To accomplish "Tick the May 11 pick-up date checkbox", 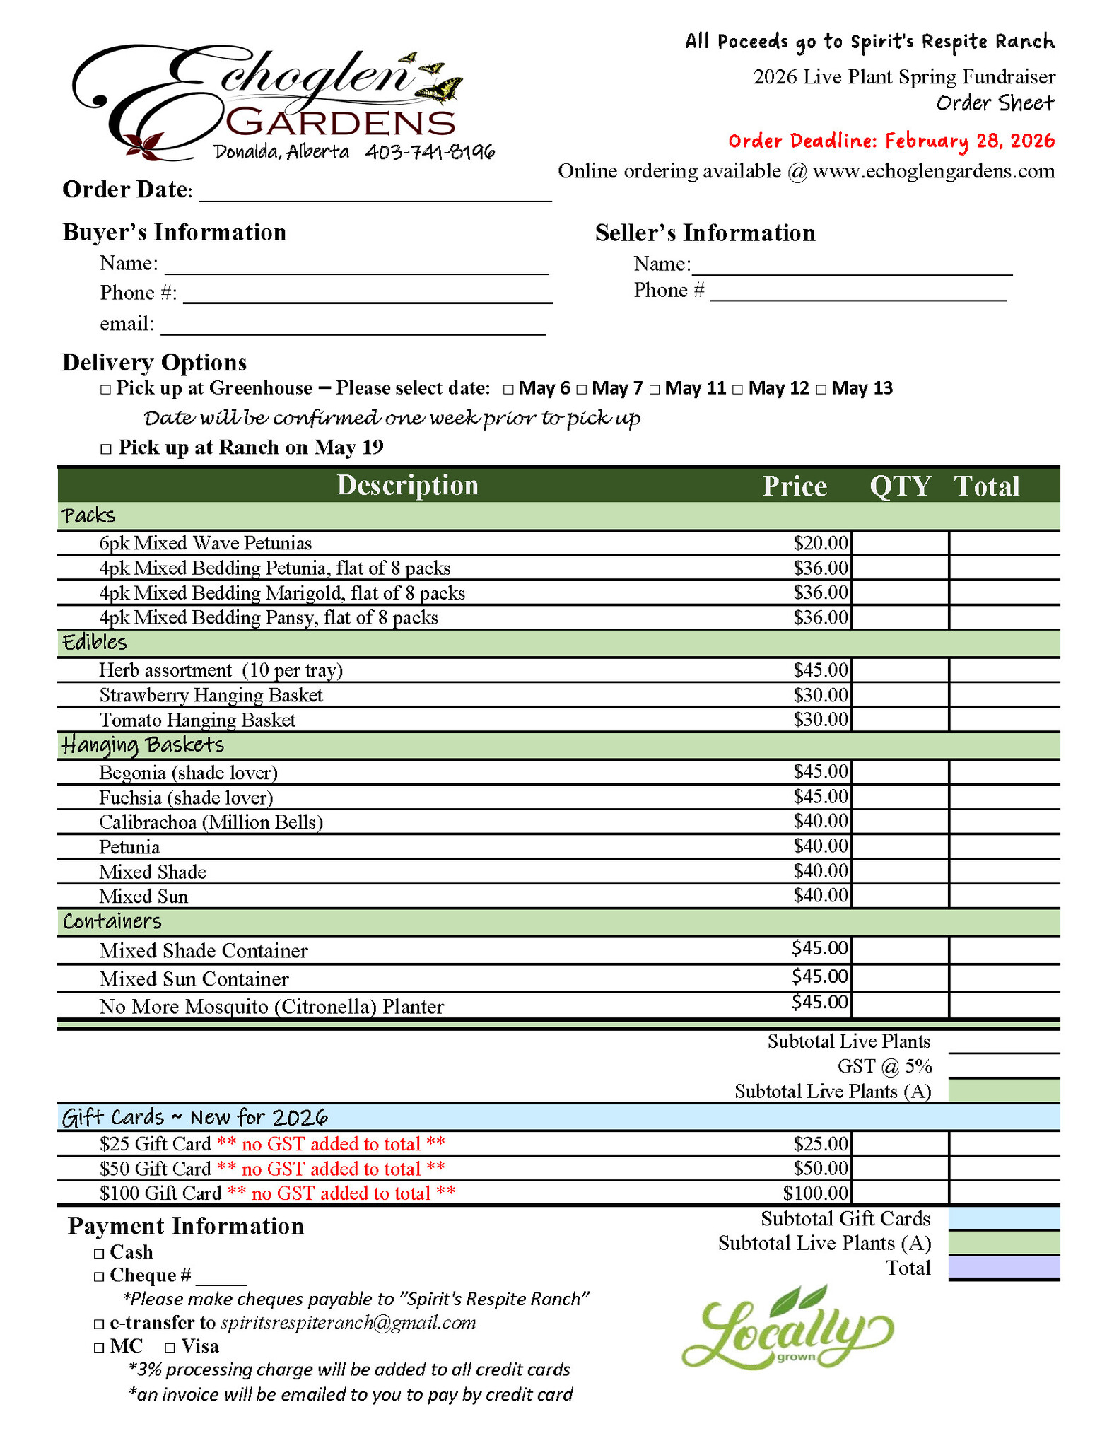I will (x=655, y=390).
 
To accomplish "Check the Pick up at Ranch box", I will (x=106, y=449).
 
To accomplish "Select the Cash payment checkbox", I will (x=99, y=1254).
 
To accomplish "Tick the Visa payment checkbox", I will (x=170, y=1348).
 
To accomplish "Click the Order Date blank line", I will (x=375, y=192).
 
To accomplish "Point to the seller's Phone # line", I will (x=858, y=292).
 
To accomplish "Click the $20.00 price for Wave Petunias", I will (x=820, y=543).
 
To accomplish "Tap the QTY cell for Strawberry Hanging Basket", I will (x=900, y=695).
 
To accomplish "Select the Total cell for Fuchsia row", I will (x=1004, y=798).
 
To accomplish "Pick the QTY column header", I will (x=900, y=486).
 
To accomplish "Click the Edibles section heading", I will (x=95, y=643).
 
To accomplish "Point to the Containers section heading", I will (x=112, y=922).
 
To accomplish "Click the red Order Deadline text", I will (x=891, y=141).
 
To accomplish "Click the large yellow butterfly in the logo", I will (x=440, y=90).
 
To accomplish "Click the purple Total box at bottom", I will (x=1004, y=1268).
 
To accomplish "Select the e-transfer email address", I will (x=348, y=1323).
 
